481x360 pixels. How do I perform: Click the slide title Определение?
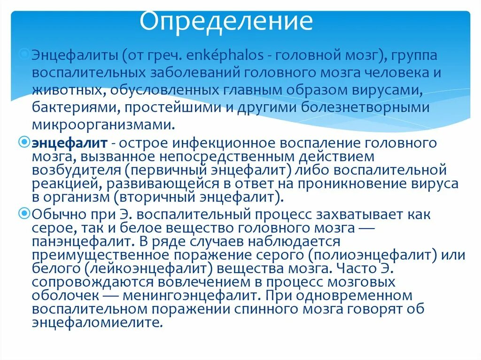click(x=227, y=21)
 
